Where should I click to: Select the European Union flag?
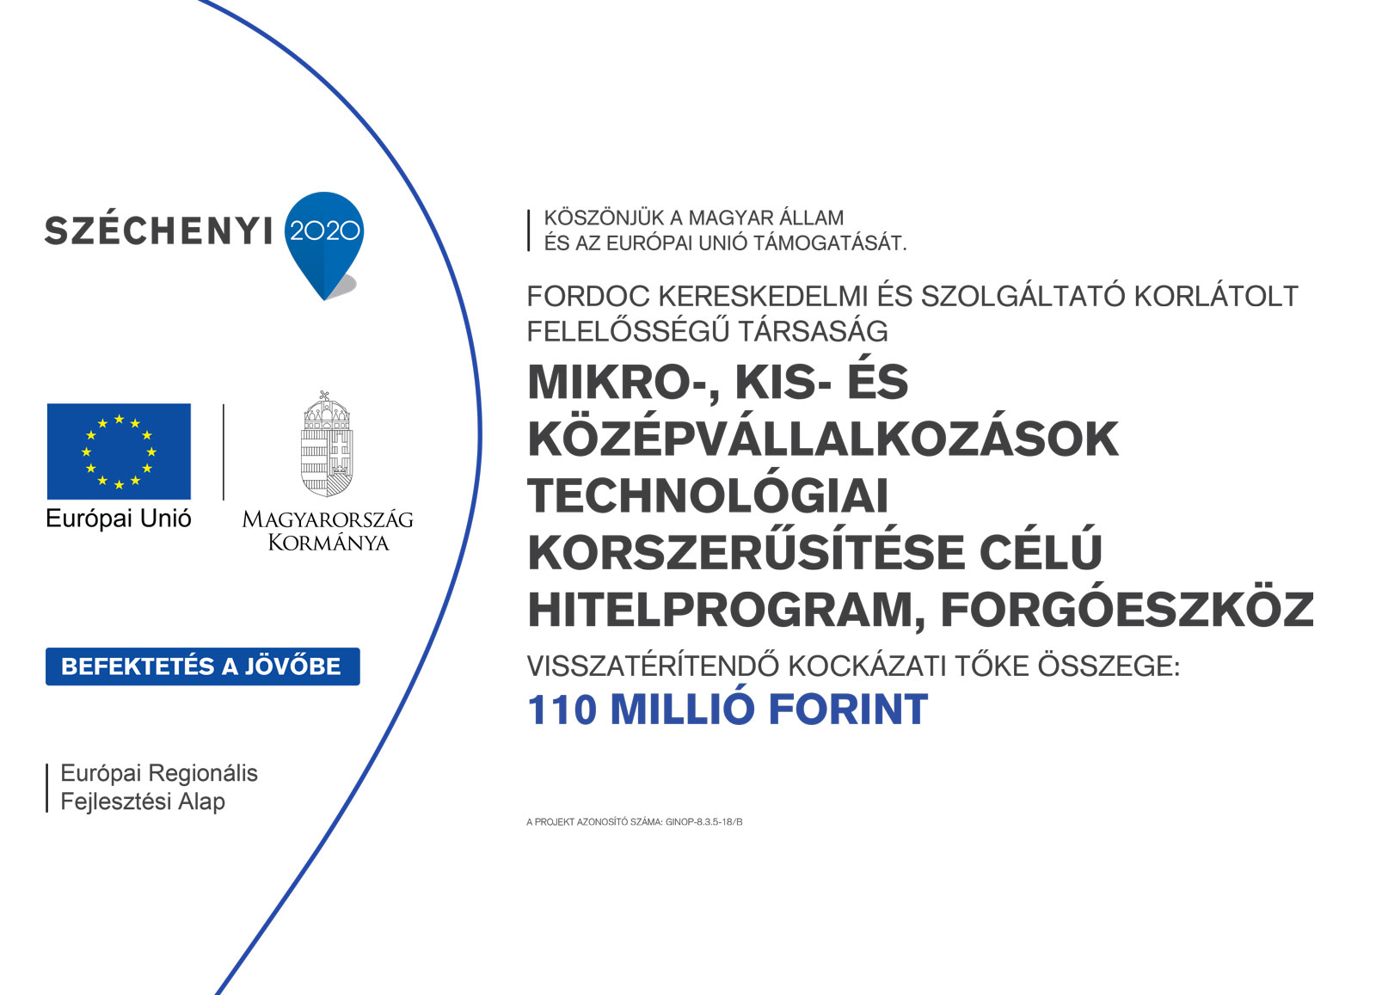pos(120,451)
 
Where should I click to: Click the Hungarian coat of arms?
pos(327,444)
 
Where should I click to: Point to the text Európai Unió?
pos(119,519)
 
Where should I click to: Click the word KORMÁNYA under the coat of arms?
pos(329,543)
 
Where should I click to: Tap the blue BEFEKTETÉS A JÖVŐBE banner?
pos(203,666)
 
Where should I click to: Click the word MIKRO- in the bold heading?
pos(620,384)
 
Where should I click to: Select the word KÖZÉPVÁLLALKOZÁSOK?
pos(823,439)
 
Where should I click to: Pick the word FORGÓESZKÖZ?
pos(1127,610)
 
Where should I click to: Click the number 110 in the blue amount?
pos(562,710)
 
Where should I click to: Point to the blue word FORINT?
pos(848,710)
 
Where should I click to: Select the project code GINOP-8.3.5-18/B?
pos(704,822)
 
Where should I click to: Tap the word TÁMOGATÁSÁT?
pos(830,243)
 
